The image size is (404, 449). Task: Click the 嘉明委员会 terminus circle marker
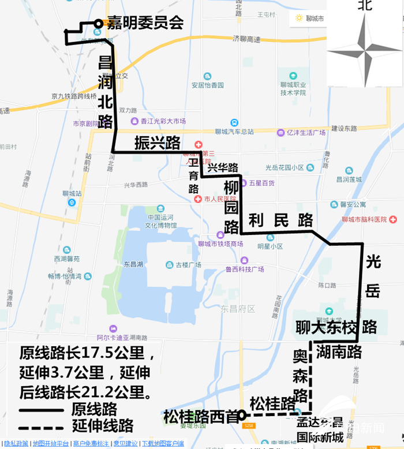tap(99, 24)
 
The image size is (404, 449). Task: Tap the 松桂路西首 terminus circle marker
tap(243, 415)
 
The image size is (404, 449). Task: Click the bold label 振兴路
tap(158, 143)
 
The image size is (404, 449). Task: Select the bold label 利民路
tap(280, 220)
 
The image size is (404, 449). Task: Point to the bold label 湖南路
tap(339, 351)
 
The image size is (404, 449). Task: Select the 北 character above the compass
tap(365, 6)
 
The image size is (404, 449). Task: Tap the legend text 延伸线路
tap(103, 426)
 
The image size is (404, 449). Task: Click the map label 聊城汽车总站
tap(234, 132)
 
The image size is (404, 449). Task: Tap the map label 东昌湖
tap(133, 264)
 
